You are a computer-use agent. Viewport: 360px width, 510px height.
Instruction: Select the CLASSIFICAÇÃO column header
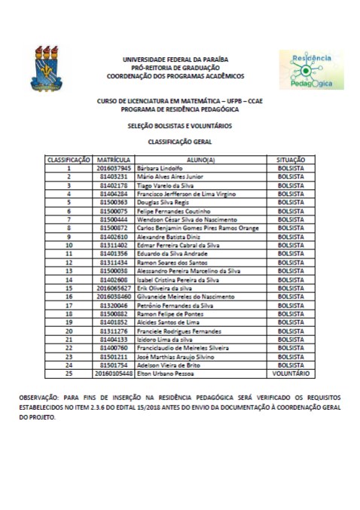coord(69,160)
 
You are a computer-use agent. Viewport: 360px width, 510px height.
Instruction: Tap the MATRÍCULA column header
coord(114,160)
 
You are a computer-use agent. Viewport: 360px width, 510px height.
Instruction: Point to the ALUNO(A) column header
coord(200,160)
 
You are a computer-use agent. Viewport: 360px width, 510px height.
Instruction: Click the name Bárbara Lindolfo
coord(160,168)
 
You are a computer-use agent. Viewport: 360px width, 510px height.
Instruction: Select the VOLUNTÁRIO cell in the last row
coord(291,373)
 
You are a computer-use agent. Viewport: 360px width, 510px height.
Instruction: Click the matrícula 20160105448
coord(114,373)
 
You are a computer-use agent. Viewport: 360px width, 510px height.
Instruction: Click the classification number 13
coord(69,270)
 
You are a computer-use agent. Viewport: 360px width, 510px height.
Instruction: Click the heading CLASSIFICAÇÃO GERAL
coord(180,141)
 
